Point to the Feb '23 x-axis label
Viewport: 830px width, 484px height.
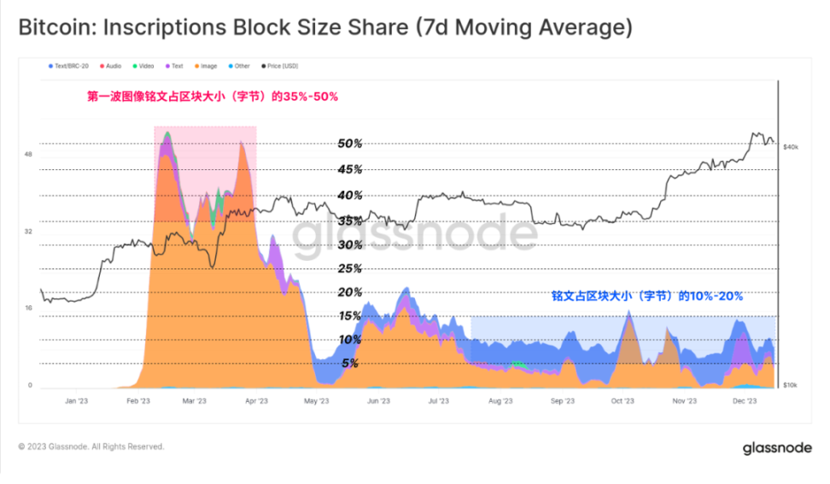pyautogui.click(x=138, y=400)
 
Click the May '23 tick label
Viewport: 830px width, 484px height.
pyautogui.click(x=316, y=400)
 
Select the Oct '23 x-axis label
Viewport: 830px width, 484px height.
pyautogui.click(x=622, y=400)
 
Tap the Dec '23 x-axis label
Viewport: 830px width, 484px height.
pyautogui.click(x=745, y=400)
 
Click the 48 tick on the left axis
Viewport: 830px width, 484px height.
pyautogui.click(x=28, y=155)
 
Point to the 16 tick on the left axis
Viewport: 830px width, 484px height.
pyautogui.click(x=28, y=308)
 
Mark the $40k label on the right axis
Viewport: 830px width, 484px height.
pyautogui.click(x=790, y=148)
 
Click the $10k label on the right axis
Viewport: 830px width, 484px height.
pyautogui.click(x=790, y=386)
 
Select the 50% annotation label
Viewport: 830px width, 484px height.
pyautogui.click(x=350, y=144)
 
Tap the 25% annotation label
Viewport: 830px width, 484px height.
pyautogui.click(x=351, y=269)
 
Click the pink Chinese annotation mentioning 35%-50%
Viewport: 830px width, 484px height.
pyautogui.click(x=213, y=97)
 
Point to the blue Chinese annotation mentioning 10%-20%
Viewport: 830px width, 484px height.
pyautogui.click(x=646, y=296)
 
